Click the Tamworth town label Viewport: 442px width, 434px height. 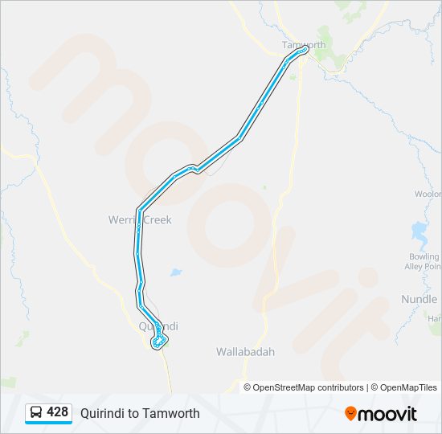[304, 45]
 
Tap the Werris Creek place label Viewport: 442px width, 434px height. [140, 219]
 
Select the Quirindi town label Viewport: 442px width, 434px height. [158, 326]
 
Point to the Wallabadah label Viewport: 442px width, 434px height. [245, 352]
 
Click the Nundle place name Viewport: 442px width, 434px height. [419, 300]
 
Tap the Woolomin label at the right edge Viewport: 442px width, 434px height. [428, 194]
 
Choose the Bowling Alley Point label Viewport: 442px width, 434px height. [423, 262]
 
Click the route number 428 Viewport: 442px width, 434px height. [57, 412]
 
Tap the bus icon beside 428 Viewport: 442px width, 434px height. [36, 413]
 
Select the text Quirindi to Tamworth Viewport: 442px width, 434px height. [140, 413]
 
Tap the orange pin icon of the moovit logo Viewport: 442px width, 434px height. [350, 414]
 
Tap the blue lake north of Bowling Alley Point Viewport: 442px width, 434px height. [419, 233]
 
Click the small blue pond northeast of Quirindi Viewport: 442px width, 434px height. [176, 272]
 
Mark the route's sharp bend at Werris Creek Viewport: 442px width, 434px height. [140, 211]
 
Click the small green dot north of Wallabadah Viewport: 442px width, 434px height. [264, 187]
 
